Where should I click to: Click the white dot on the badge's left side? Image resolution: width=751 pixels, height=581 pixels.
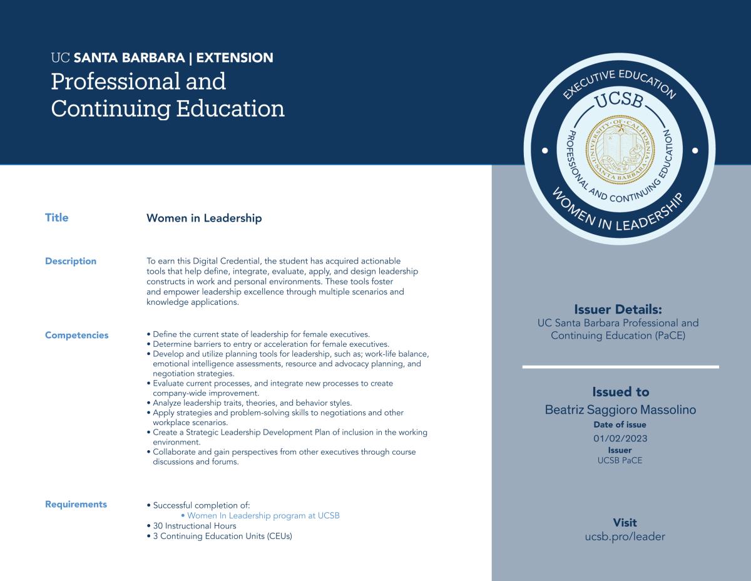click(544, 150)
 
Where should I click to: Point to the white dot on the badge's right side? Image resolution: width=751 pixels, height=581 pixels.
click(695, 150)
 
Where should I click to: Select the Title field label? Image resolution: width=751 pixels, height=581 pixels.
click(56, 218)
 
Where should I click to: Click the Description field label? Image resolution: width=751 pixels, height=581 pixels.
click(71, 261)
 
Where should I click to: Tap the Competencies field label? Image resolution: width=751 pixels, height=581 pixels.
click(76, 335)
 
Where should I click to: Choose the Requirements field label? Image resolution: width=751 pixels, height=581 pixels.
click(76, 505)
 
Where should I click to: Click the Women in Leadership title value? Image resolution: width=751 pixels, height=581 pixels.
click(204, 219)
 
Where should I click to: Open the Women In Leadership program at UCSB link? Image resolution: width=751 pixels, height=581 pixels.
click(263, 516)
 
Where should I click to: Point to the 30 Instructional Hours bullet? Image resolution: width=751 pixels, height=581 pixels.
click(194, 526)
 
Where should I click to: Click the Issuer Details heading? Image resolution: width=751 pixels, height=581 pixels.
click(618, 309)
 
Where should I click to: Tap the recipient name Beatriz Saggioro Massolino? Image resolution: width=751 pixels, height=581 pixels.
click(620, 410)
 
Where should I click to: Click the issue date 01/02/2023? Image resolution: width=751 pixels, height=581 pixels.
click(620, 438)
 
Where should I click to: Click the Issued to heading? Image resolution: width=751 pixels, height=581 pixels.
click(620, 392)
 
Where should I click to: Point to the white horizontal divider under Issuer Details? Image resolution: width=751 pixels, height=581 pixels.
click(620, 367)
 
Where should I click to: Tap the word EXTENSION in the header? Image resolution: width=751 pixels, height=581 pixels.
click(234, 58)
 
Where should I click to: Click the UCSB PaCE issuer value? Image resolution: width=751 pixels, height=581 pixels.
click(620, 461)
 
